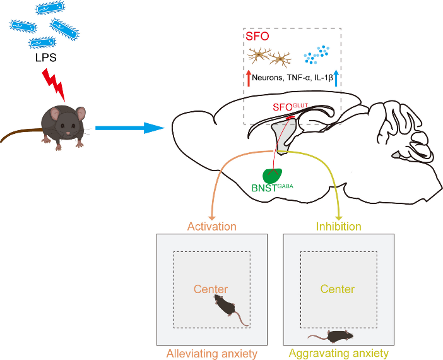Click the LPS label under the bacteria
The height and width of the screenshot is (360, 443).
point(46,57)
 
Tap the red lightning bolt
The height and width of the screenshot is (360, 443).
point(54,84)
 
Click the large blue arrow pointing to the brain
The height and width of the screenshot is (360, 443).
point(130,128)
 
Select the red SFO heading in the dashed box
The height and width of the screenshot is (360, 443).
point(257,36)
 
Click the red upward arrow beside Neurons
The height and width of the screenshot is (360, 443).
point(249,78)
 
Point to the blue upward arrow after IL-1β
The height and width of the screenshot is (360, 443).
point(336,78)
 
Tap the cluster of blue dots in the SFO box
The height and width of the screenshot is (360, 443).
point(316,54)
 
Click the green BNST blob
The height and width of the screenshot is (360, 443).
point(272,176)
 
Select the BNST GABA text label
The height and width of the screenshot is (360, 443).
point(273,188)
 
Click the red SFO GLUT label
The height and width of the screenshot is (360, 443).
point(290,107)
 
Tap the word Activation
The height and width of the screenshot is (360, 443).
point(212,227)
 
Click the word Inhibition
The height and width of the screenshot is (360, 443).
point(339,227)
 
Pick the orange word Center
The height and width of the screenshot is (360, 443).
point(211,289)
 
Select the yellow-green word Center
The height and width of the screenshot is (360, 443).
point(338,289)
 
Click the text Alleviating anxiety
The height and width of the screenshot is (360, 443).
point(212,354)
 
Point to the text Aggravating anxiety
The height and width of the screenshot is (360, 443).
point(339,354)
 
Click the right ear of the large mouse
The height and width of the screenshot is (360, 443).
point(81,114)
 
